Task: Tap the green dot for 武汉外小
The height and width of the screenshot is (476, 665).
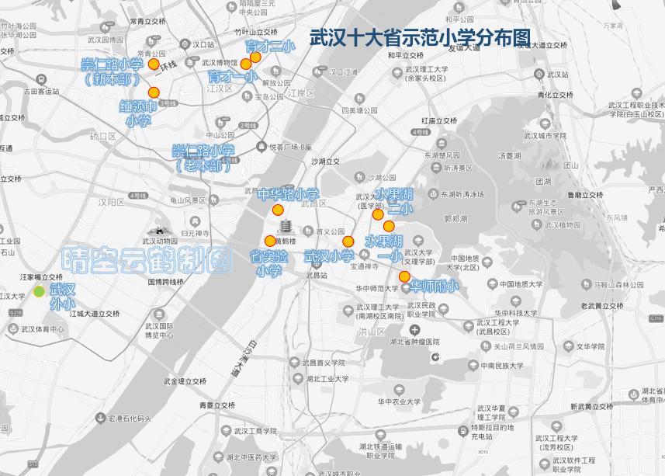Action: tap(39, 291)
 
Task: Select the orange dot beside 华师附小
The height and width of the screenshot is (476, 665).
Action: tap(404, 276)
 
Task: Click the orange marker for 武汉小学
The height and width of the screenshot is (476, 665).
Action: tap(348, 241)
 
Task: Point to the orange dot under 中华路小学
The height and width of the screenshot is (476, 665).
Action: tap(278, 210)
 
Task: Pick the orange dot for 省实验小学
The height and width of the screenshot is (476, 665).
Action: tap(270, 241)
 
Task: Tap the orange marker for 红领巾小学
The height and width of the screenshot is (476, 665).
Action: tap(154, 92)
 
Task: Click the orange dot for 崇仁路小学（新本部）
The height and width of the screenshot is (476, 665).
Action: tap(154, 64)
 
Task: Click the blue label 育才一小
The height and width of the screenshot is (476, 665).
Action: tap(232, 77)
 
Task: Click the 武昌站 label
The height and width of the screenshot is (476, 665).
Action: tap(317, 275)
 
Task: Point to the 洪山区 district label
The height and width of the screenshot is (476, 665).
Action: tap(372, 331)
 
